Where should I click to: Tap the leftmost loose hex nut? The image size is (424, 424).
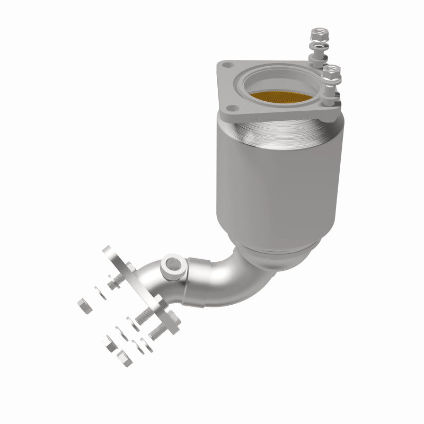[83, 304]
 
